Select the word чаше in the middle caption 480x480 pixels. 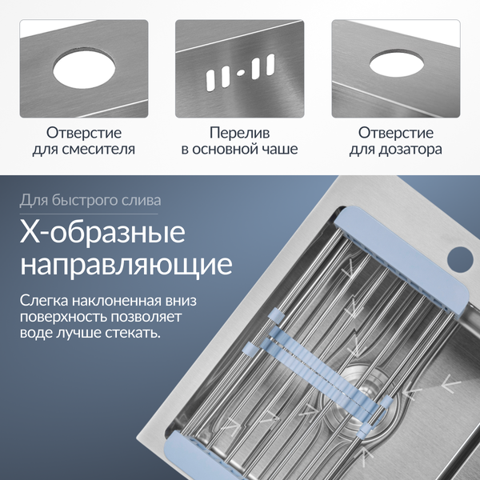[x=276, y=150]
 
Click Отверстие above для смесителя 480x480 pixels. [x=83, y=133]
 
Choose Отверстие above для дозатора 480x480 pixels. [x=396, y=133]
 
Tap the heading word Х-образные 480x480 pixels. [x=102, y=234]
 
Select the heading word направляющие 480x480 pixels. [x=126, y=266]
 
